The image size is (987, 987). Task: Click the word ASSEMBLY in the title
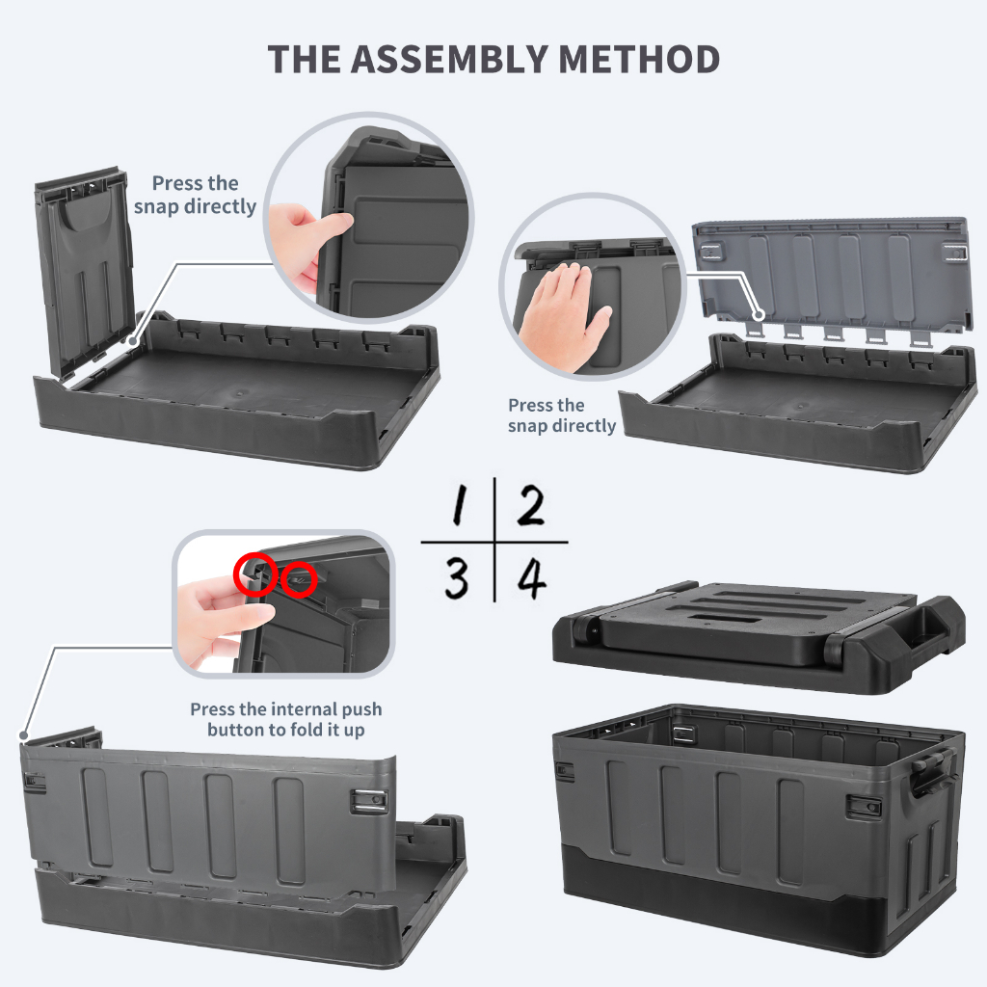click(449, 59)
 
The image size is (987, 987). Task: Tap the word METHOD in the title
click(639, 59)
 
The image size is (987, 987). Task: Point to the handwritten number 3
click(456, 578)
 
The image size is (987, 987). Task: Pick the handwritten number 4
click(532, 578)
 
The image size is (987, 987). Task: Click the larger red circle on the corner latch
click(255, 574)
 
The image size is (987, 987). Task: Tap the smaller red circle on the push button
click(299, 579)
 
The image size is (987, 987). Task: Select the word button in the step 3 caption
click(236, 731)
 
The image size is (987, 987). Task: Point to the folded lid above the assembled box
click(758, 636)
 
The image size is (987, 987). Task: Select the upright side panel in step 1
click(85, 271)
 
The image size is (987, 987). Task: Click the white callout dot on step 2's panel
click(760, 314)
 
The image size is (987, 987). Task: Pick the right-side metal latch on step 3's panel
click(369, 801)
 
